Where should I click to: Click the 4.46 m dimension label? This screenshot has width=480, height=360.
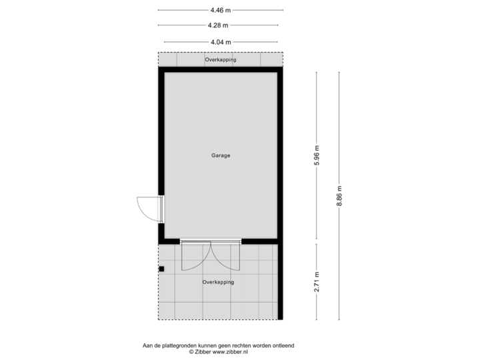(x=220, y=10)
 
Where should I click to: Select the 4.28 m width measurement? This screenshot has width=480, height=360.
(x=220, y=25)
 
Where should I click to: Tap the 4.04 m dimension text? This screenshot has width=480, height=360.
(x=220, y=41)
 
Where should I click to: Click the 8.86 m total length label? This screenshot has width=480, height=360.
(x=340, y=196)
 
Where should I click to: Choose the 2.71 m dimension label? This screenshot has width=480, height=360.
(x=317, y=281)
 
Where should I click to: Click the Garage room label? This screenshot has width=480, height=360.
(x=221, y=155)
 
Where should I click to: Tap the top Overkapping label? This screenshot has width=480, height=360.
(x=220, y=60)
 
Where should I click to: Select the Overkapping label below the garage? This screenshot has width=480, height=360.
(x=218, y=283)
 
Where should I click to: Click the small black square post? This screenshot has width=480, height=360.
(x=161, y=269)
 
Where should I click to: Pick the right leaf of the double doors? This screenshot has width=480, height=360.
(x=225, y=255)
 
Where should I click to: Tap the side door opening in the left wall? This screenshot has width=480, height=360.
(x=161, y=209)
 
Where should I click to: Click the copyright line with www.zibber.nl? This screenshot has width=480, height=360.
(x=218, y=351)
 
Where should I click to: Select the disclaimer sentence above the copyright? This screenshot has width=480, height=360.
(x=218, y=345)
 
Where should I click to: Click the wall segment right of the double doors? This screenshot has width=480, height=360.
(x=261, y=241)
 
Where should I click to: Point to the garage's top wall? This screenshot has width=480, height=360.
(x=220, y=69)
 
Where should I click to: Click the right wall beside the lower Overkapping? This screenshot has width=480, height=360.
(x=281, y=281)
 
